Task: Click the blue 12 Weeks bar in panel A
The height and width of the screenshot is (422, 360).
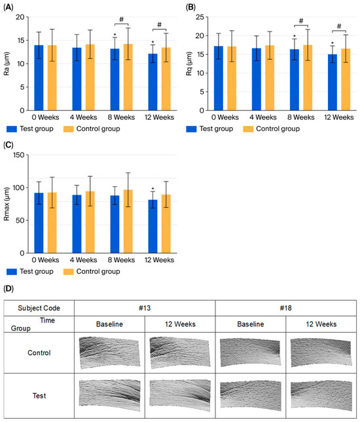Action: pos(153,82)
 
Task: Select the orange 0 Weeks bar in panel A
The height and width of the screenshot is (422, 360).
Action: pos(52,78)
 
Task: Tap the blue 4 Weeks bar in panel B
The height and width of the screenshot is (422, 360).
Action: pos(256,79)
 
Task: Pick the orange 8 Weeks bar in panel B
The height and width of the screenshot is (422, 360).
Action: pos(308,78)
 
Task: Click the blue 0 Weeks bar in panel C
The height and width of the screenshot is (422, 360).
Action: pos(39,223)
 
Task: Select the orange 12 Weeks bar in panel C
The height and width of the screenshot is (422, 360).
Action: pos(166,223)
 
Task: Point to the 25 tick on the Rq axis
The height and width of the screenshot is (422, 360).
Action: pos(200,17)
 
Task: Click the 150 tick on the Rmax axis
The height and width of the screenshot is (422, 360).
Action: pos(18,155)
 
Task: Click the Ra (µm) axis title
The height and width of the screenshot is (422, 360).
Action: pos(6,64)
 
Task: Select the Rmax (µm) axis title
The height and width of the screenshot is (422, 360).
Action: pos(6,204)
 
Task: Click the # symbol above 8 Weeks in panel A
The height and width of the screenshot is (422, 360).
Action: pos(122,20)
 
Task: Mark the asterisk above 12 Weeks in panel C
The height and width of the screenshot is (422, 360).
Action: pos(153,189)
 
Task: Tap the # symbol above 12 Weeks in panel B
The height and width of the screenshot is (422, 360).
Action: pos(339,26)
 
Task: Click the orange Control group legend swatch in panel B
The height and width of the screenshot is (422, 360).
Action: pos(248,129)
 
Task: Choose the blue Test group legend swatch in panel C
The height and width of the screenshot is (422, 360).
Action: pos(12,271)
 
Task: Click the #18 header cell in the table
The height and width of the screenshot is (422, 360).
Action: pos(286,308)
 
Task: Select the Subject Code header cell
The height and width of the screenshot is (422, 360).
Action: pos(39,308)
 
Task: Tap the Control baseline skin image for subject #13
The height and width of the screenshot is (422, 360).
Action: pos(109,353)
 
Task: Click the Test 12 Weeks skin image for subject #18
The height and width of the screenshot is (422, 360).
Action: pos(321,395)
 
